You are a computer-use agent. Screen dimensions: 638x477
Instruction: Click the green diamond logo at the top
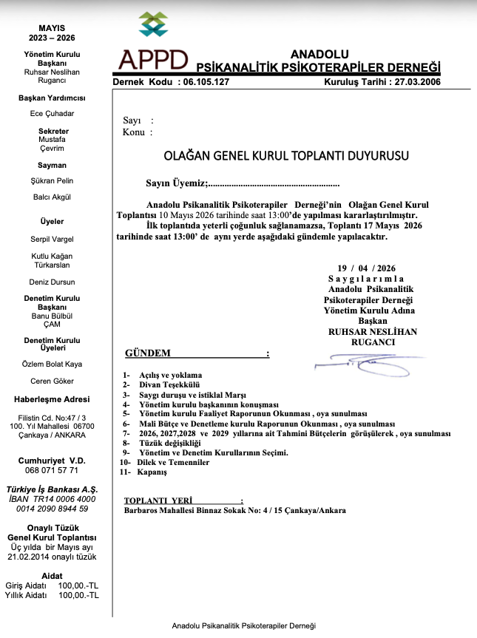pos(153,24)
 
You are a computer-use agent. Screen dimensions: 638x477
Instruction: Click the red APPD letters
pos(154,58)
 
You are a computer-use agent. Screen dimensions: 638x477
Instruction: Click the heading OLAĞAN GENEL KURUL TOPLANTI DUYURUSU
pos(285,156)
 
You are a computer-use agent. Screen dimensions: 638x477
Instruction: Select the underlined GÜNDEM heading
pos(149,353)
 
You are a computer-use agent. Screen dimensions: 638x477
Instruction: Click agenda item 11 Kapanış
pos(152,472)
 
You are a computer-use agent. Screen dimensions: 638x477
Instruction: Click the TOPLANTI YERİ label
pos(158,500)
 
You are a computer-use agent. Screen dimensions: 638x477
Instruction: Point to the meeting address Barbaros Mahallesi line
pos(234,510)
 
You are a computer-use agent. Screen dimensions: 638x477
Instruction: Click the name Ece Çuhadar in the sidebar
pos(52,113)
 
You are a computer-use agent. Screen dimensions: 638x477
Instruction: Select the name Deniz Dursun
pos(52,282)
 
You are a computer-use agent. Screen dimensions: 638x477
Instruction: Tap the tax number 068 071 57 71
pos(52,470)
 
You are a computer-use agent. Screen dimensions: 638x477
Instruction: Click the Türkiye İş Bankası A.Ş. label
pos(52,489)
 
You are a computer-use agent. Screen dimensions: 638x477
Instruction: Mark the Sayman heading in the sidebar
pos(52,165)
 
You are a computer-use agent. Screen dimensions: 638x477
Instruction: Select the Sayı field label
pos(132,121)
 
